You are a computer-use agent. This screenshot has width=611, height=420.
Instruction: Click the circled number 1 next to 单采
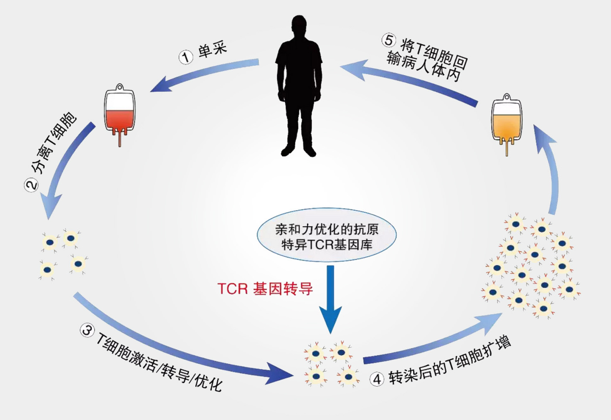(186, 57)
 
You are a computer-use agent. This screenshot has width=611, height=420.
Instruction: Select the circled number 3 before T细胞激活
(87, 330)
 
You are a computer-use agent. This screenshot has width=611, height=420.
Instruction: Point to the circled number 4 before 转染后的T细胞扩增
(377, 379)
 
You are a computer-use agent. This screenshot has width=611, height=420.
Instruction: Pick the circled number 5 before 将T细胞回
(388, 40)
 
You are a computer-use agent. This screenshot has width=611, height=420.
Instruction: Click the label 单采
(213, 50)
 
